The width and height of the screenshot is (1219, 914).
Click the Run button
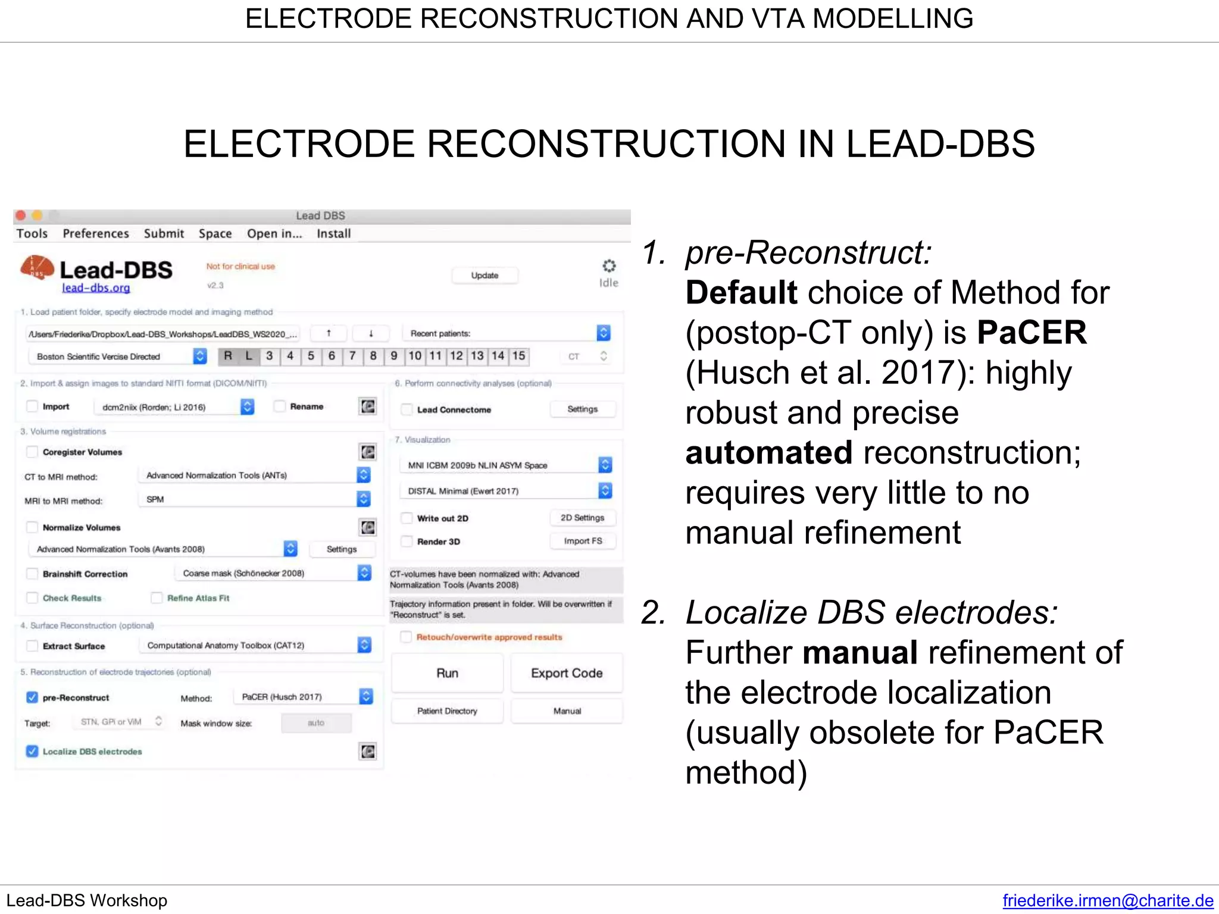pos(447,673)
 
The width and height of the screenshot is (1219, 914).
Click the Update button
pos(485,276)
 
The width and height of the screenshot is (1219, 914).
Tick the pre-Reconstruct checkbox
pos(32,697)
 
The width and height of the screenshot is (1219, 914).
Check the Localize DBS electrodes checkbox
pos(32,752)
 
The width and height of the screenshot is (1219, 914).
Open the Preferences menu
pos(96,233)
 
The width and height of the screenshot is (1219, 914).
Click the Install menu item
pos(333,233)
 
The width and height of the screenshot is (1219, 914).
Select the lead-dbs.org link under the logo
pos(96,288)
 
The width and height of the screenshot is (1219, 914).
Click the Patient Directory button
pos(447,711)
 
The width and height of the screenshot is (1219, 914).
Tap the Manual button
pos(567,711)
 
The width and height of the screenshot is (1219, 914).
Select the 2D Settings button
pos(582,518)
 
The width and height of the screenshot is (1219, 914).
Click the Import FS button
pos(583,541)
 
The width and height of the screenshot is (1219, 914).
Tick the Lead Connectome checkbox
pos(407,409)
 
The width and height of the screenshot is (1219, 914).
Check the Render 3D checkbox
pos(407,541)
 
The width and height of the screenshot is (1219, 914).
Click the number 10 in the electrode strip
pos(415,356)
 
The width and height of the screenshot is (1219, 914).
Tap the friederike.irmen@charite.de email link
pos(1108,900)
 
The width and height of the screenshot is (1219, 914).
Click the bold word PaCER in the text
pos(1032,332)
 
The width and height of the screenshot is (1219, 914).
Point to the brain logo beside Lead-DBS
pos(37,268)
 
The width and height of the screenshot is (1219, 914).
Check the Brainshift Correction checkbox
pos(32,574)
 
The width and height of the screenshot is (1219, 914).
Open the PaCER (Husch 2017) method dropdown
pos(365,696)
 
